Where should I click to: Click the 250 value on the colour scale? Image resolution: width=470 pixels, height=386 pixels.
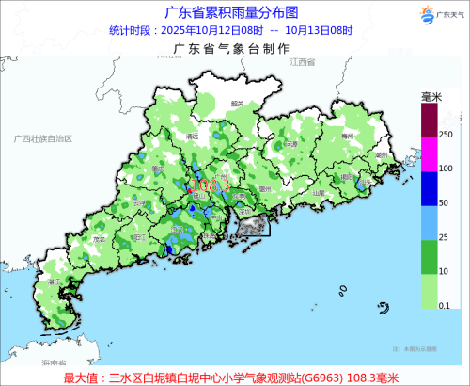tap(446, 136)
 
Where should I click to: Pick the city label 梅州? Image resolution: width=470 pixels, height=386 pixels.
tap(348, 137)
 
